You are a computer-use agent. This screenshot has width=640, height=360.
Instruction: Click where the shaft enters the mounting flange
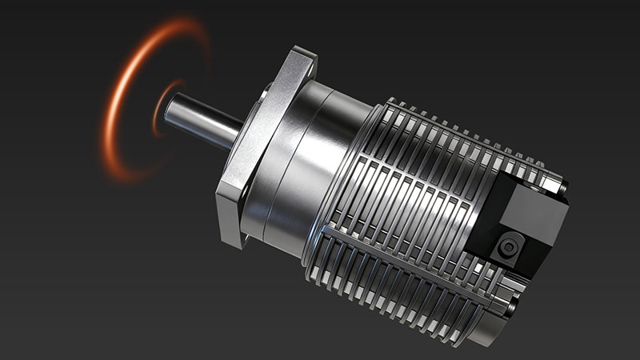(240, 133)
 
